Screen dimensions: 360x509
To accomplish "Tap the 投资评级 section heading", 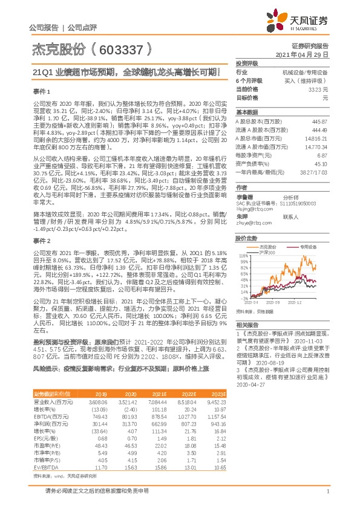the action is pyautogui.click(x=246, y=63).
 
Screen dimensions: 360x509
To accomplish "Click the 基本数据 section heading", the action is pyautogui.click(x=246, y=112).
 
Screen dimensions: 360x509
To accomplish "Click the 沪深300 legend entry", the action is pyautogui.click(x=264, y=235).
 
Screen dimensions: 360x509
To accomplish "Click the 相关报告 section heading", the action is pyautogui.click(x=246, y=325).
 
